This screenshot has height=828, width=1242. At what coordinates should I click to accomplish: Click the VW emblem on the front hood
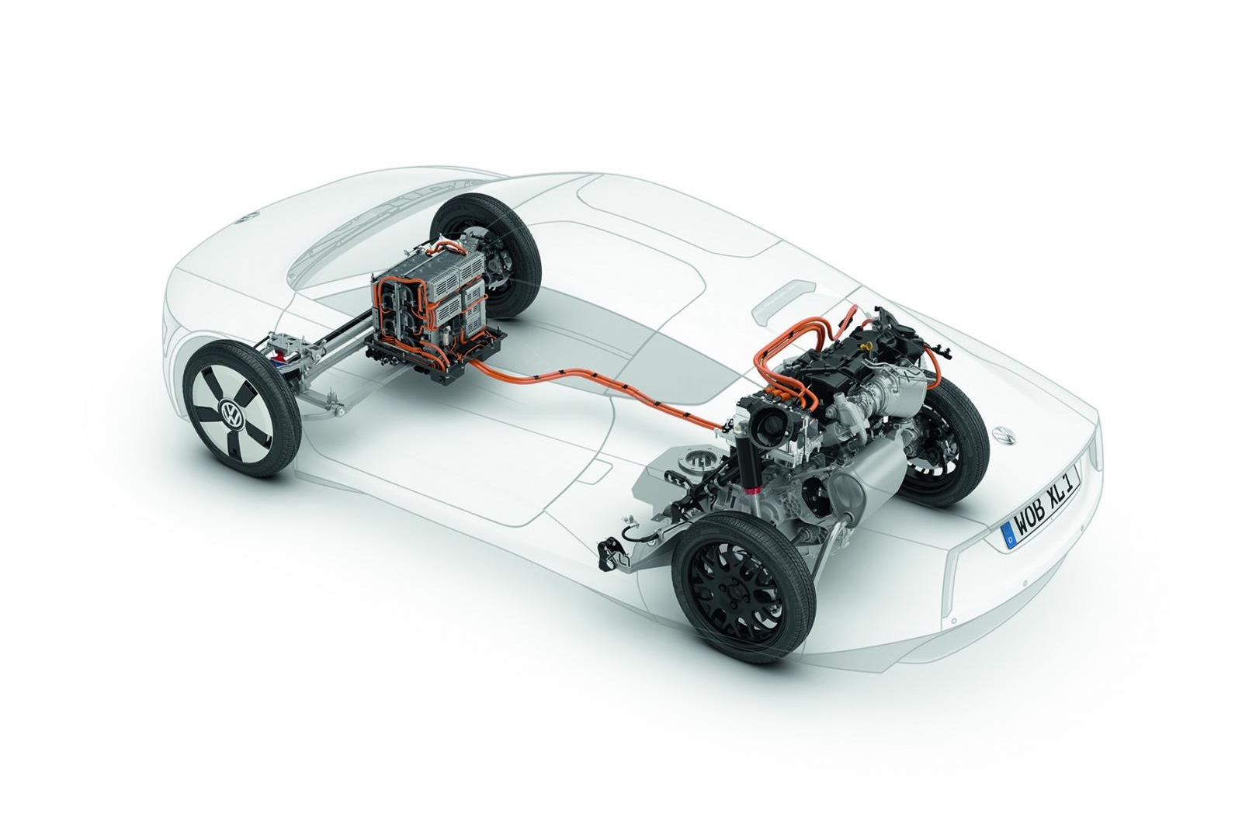(x=246, y=217)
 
